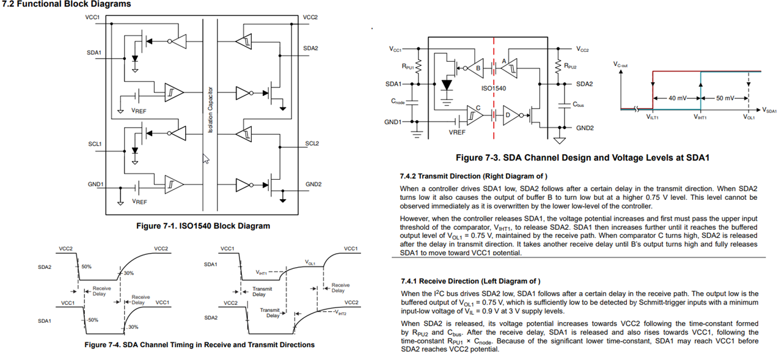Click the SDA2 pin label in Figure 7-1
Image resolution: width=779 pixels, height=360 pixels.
(310, 48)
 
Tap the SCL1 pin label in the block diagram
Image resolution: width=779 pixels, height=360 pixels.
(95, 144)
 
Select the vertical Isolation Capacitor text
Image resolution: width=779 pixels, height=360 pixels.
(210, 110)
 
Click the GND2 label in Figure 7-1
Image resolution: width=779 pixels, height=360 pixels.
(313, 185)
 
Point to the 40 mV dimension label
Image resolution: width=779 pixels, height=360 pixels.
(677, 98)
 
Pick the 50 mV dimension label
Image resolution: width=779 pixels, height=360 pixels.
(725, 98)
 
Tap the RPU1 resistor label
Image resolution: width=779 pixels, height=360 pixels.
(408, 66)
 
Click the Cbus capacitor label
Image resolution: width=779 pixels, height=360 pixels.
(578, 105)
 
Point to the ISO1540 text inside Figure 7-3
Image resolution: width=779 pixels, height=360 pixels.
(494, 89)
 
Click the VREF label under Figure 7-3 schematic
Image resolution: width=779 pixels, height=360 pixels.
(457, 132)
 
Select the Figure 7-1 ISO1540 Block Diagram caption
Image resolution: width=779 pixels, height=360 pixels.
(203, 226)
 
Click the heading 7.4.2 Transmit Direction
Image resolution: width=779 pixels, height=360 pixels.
(474, 177)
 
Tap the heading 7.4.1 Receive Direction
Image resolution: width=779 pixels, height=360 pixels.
(470, 281)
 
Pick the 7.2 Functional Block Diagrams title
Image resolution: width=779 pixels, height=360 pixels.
(67, 4)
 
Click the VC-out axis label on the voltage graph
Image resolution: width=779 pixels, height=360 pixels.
(620, 65)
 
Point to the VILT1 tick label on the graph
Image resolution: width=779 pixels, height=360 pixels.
(653, 117)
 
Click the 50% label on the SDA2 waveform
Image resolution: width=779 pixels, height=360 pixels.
(86, 266)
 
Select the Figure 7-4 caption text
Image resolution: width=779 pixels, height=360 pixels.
(200, 345)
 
